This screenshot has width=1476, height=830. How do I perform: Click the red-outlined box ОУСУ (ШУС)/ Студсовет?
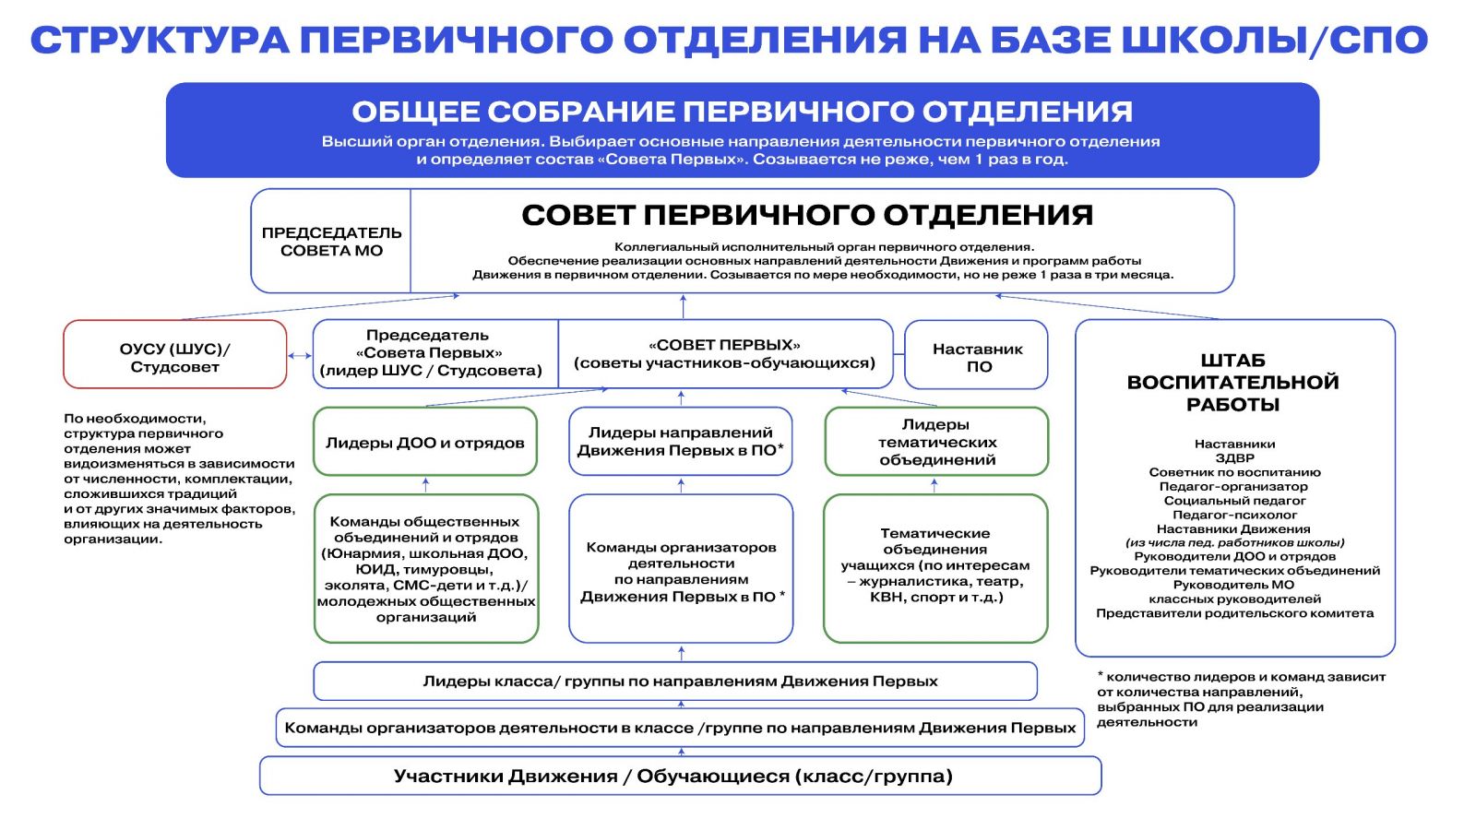tap(174, 355)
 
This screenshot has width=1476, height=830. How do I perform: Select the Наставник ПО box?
tap(976, 356)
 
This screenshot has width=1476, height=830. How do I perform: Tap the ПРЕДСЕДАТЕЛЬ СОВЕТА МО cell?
tap(331, 242)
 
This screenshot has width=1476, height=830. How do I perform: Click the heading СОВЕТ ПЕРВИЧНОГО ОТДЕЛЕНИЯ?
tap(807, 215)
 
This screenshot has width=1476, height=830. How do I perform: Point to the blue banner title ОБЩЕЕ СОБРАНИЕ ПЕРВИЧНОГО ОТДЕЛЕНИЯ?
tap(742, 112)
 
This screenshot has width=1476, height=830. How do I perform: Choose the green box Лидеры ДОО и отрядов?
tap(424, 443)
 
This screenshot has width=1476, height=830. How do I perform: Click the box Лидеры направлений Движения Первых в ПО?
tap(681, 442)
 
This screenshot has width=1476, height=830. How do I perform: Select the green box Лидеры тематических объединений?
tap(936, 442)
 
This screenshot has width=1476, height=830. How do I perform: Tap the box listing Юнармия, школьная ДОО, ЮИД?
tap(425, 568)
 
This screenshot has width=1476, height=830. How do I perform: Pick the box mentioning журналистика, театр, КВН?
tap(935, 565)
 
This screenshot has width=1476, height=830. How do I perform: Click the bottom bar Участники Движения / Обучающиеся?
tap(680, 777)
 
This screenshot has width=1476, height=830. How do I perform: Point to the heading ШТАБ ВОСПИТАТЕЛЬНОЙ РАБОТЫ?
tap(1233, 382)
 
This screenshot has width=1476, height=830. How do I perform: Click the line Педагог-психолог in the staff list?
tap(1234, 515)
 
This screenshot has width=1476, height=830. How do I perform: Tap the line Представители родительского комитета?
tap(1234, 613)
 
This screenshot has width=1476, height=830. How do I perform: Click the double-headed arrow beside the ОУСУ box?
tap(300, 355)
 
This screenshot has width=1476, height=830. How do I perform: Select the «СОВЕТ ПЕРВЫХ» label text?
tap(724, 345)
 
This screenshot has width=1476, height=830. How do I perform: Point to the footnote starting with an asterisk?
tap(1240, 699)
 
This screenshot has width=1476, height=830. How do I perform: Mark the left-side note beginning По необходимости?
tap(179, 478)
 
